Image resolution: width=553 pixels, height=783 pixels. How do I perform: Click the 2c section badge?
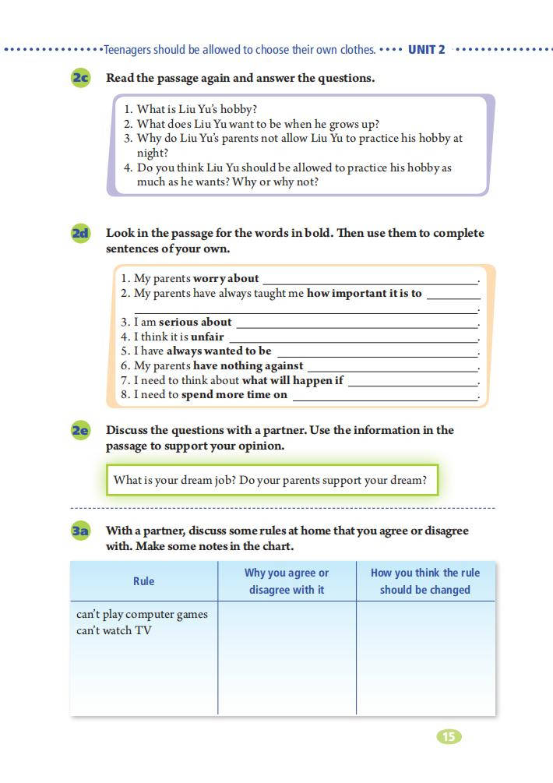coord(80,78)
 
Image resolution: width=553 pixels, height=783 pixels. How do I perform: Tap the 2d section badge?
coord(80,233)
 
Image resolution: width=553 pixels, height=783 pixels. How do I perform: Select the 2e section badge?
coord(80,430)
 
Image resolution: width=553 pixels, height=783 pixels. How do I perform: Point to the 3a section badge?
coord(80,531)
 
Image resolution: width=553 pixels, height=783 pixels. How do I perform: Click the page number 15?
coord(449,736)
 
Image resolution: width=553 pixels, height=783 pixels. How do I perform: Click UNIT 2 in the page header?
coord(427,50)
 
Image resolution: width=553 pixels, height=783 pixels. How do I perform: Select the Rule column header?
coord(144,581)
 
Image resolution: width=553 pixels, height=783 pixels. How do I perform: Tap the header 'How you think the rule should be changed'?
coord(425,581)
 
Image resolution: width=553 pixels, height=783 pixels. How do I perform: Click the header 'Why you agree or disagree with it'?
coord(287,581)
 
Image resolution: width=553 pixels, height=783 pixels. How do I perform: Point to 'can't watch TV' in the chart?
coord(114,630)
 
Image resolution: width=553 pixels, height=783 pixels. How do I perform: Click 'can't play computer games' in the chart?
coord(142,614)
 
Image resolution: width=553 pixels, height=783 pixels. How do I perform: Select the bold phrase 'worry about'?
coord(226,278)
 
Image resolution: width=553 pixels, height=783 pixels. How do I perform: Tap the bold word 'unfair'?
coord(207,337)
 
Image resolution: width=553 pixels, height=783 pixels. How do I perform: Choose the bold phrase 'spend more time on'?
coord(234,395)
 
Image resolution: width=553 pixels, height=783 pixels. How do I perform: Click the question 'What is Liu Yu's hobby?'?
coord(197,109)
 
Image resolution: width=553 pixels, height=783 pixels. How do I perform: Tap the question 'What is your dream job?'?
coord(174,480)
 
